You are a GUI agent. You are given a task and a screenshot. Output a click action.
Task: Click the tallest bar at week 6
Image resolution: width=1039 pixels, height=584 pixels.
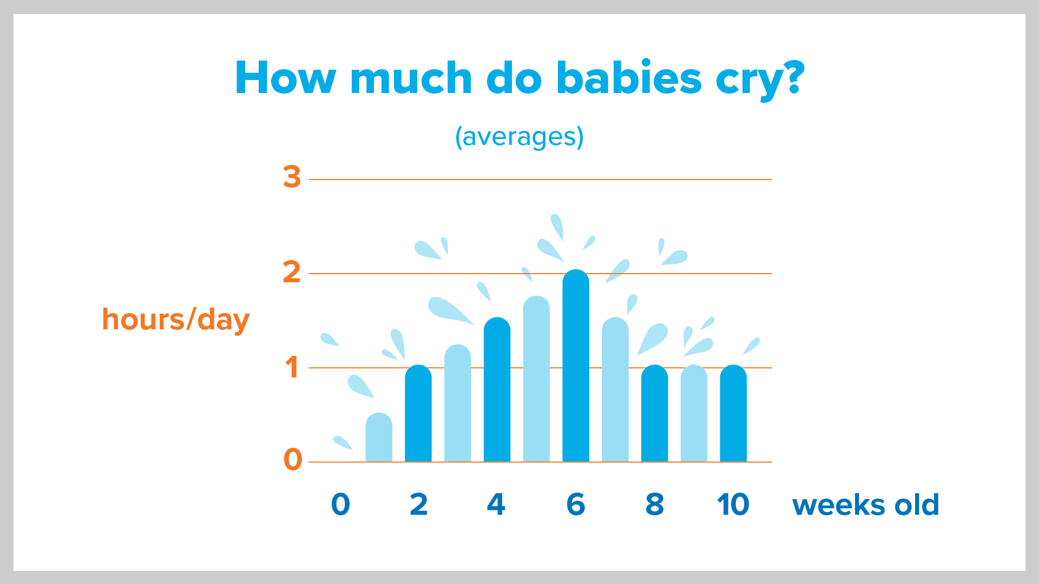click(x=576, y=368)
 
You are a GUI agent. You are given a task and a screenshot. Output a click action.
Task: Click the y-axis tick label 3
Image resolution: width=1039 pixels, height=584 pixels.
click(x=292, y=177)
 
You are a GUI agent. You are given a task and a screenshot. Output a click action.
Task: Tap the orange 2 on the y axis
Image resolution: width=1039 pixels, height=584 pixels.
click(x=292, y=272)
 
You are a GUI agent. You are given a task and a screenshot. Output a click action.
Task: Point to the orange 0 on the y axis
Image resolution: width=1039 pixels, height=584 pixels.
click(x=293, y=460)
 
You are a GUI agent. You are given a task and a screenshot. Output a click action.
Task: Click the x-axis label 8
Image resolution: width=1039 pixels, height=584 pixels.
click(x=655, y=505)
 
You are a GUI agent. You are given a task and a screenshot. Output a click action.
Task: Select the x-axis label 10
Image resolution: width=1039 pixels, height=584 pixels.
click(x=733, y=505)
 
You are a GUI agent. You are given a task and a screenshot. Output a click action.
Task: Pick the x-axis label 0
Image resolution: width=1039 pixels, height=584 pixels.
click(x=340, y=505)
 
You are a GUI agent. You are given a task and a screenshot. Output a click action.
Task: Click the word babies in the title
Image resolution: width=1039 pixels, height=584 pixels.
click(x=629, y=78)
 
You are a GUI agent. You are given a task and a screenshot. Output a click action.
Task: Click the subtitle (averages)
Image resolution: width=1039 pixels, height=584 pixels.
click(x=519, y=137)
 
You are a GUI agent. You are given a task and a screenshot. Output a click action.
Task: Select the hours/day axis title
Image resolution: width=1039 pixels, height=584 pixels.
click(x=176, y=320)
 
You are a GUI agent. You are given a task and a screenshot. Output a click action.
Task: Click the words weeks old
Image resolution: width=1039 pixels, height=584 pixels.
click(x=866, y=505)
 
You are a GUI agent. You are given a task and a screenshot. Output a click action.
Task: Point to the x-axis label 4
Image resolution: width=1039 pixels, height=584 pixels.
click(x=496, y=505)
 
